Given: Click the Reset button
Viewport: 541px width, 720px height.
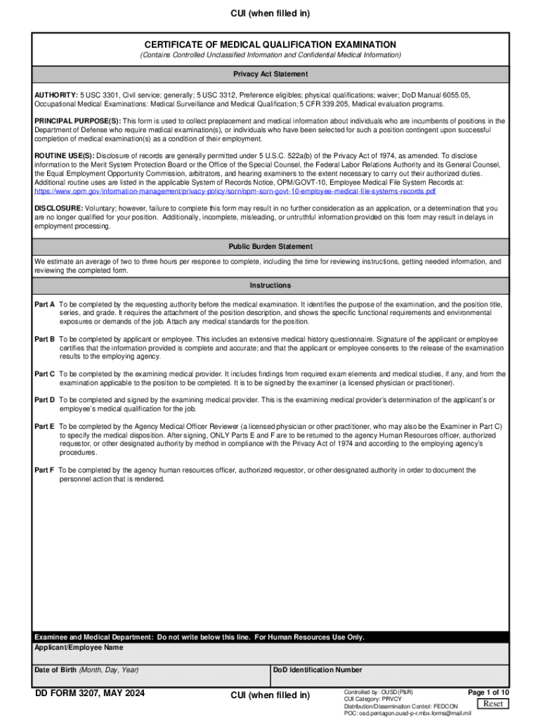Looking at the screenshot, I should [493, 704].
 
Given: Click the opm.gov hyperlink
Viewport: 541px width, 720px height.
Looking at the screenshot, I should [235, 191].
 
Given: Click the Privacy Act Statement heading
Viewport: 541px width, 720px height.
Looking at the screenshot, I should [270, 74].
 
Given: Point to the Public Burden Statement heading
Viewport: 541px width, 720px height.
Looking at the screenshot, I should [270, 247].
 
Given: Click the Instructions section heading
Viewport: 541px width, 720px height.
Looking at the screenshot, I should [270, 285].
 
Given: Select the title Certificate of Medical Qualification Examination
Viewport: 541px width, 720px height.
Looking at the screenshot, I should [270, 44].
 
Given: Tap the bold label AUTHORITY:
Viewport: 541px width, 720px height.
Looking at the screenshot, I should [56, 94].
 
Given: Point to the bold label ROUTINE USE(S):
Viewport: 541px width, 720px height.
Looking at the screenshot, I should [64, 155].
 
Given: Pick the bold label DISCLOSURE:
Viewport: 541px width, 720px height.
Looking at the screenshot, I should [58, 209].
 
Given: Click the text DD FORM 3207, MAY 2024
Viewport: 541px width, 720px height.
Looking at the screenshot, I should [91, 694].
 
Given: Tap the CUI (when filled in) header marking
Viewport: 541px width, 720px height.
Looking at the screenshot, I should [270, 13].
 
